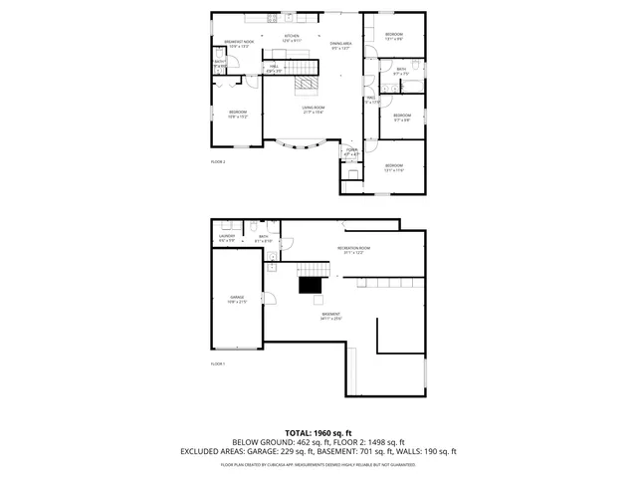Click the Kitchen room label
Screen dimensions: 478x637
pyautogui.click(x=292, y=38)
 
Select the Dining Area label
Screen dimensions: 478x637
pyautogui.click(x=340, y=46)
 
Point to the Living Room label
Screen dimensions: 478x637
pyautogui.click(x=315, y=110)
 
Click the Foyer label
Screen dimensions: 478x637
pyautogui.click(x=351, y=153)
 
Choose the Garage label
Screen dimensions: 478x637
pyautogui.click(x=237, y=299)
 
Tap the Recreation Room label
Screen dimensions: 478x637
pyautogui.click(x=353, y=250)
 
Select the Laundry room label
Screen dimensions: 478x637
pyautogui.click(x=227, y=237)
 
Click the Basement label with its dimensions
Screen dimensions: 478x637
pyautogui.click(x=330, y=317)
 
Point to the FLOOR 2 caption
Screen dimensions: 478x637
pyautogui.click(x=218, y=161)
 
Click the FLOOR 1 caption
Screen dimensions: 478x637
pyautogui.click(x=218, y=364)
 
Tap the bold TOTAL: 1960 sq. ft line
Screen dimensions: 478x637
pyautogui.click(x=318, y=433)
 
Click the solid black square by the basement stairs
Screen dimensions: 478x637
pyautogui.click(x=311, y=286)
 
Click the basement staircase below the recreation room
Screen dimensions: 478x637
pyautogui.click(x=316, y=270)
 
